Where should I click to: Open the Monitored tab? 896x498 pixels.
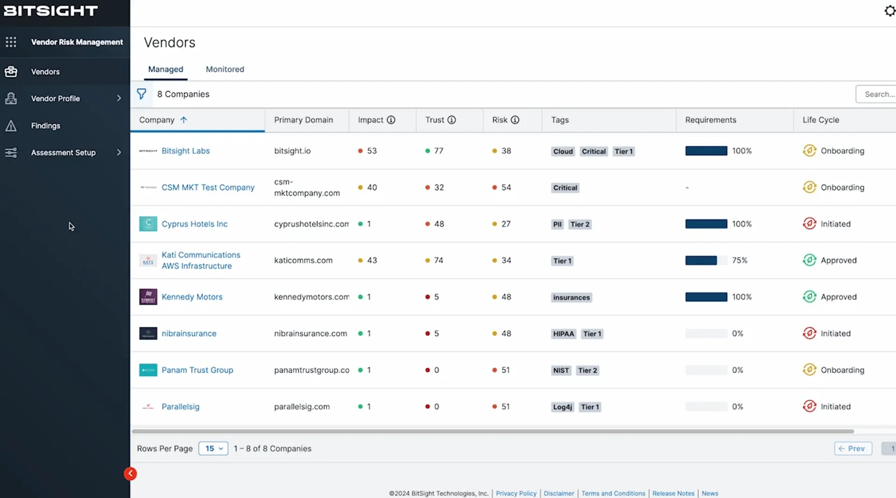coord(224,69)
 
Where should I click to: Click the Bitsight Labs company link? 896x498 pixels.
coord(185,151)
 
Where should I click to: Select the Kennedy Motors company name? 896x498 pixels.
coord(192,297)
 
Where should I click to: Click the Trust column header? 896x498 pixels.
coord(434,120)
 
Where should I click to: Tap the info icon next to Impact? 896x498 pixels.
coord(391,120)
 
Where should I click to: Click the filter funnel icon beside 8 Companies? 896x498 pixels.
coord(141,94)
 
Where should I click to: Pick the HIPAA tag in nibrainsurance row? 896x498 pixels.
coord(563,334)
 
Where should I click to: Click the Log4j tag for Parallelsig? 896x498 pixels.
coord(562,407)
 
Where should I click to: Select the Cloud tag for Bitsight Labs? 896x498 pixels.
coord(563,152)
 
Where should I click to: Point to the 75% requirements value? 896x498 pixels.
coord(739,260)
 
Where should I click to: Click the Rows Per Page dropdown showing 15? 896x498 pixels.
coord(213,448)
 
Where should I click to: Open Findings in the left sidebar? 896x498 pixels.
coord(45,126)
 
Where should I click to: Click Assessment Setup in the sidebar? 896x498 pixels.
coord(63,152)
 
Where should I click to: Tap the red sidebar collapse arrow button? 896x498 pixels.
coord(130,474)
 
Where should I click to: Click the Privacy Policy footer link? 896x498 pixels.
coord(516,493)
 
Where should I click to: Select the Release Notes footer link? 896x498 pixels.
coord(673,493)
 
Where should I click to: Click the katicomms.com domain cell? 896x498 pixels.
coord(303,260)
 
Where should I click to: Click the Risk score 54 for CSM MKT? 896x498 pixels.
coord(506,188)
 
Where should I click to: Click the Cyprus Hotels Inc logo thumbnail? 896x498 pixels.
coord(148,224)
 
